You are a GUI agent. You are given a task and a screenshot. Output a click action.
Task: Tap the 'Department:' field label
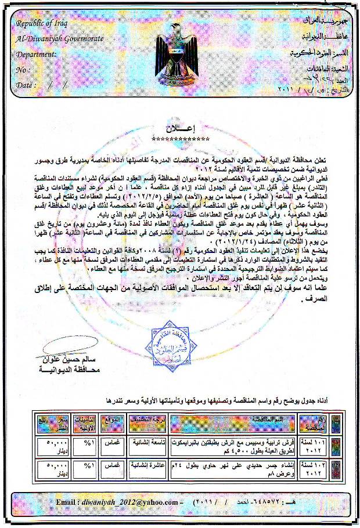37,54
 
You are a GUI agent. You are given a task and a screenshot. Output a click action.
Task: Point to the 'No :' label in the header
23,69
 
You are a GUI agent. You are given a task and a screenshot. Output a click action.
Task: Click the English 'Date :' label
27,84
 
